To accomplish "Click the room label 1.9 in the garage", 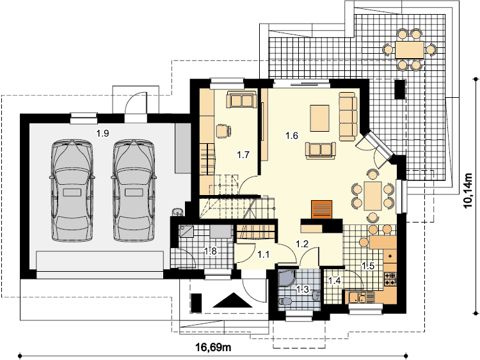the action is point(103,134).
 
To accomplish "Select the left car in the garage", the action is point(72,191).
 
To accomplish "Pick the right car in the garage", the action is point(134,191).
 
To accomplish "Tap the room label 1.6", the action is point(292,135).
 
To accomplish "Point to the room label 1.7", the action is point(243,155).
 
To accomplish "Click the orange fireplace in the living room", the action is point(322,210).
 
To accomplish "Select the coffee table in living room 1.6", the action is point(319,118).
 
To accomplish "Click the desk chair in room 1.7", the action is point(223,131).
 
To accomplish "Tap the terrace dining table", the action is point(410,49).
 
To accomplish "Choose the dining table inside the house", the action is point(372,196).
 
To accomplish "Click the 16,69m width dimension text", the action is point(213,347).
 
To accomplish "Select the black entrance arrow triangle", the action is point(233,300).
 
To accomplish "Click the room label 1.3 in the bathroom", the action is point(303,290).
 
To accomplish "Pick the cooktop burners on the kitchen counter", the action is point(390,279).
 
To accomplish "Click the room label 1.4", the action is point(335,280).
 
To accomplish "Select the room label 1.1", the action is point(263,254).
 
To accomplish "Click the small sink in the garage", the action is point(178,212).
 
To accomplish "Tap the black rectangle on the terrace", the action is point(400,89).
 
